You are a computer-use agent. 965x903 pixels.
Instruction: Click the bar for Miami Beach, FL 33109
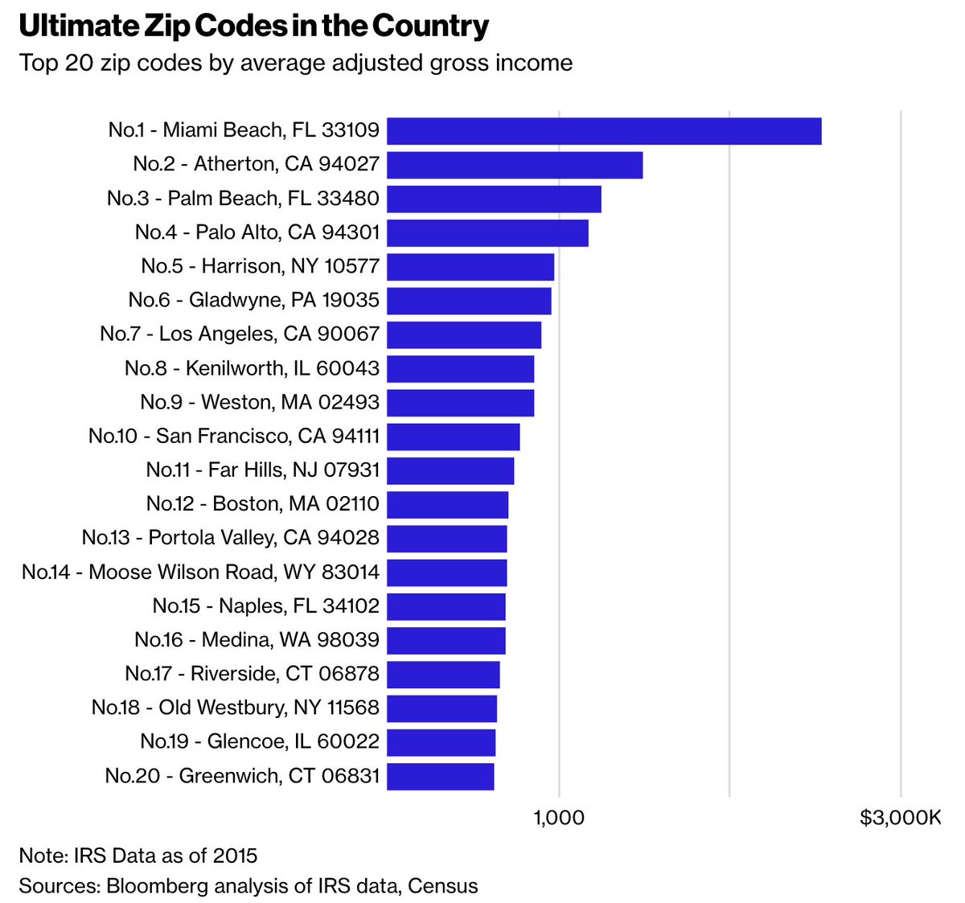604,131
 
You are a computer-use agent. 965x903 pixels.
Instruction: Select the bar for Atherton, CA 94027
515,165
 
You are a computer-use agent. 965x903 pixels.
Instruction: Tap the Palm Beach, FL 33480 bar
494,199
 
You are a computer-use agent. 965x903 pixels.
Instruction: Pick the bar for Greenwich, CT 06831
440,777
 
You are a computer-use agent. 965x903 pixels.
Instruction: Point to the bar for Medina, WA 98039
446,641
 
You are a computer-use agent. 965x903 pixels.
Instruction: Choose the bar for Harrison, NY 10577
470,267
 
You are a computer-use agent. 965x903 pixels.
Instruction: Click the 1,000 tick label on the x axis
558,818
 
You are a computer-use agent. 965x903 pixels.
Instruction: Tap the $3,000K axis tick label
899,818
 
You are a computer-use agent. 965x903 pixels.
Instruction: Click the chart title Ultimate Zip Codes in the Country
253,27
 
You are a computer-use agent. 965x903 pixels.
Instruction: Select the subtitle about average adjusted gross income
296,63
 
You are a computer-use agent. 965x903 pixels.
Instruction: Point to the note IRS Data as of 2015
138,855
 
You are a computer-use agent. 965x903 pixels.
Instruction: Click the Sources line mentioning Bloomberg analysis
248,885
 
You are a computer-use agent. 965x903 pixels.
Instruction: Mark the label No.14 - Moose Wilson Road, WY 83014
201,572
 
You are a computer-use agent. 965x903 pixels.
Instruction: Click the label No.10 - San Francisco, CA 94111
234,436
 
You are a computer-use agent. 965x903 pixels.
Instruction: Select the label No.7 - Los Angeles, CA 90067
240,334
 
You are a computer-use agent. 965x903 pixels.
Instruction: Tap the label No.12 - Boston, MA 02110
263,504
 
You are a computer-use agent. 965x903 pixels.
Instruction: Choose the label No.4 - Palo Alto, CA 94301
257,232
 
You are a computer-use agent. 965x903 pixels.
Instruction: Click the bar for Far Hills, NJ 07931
450,470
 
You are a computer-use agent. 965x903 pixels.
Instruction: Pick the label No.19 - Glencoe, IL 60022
260,741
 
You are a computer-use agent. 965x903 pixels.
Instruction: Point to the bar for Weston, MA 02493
460,403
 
